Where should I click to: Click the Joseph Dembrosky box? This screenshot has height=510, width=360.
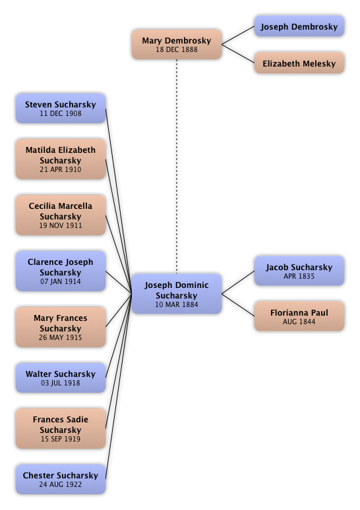(299, 26)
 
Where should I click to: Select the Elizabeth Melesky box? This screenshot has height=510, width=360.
(299, 63)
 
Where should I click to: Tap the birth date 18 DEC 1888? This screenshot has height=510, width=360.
(177, 49)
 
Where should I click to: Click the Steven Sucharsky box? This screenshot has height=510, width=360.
(61, 108)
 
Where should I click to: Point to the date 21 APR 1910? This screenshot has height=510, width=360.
(61, 169)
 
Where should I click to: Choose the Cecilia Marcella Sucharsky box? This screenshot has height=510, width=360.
(61, 215)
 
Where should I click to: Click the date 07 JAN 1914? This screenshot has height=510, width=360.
(61, 281)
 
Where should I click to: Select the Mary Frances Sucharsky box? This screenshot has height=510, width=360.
(61, 327)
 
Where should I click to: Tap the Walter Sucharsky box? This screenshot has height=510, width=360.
(61, 378)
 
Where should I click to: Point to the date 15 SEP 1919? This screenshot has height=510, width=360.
(61, 439)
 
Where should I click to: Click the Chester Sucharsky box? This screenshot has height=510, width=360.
(61, 479)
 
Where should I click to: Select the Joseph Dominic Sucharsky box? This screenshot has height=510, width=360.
(177, 294)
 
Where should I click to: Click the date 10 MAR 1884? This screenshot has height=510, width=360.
(177, 304)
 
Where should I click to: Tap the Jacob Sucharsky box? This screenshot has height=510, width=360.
(299, 271)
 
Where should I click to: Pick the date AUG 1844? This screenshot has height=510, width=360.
(299, 322)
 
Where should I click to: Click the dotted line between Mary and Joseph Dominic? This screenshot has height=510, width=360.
(177, 166)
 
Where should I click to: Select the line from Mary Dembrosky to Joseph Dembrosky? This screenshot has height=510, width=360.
(238, 35)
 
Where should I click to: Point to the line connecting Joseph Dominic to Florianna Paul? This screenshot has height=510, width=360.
(238, 305)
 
